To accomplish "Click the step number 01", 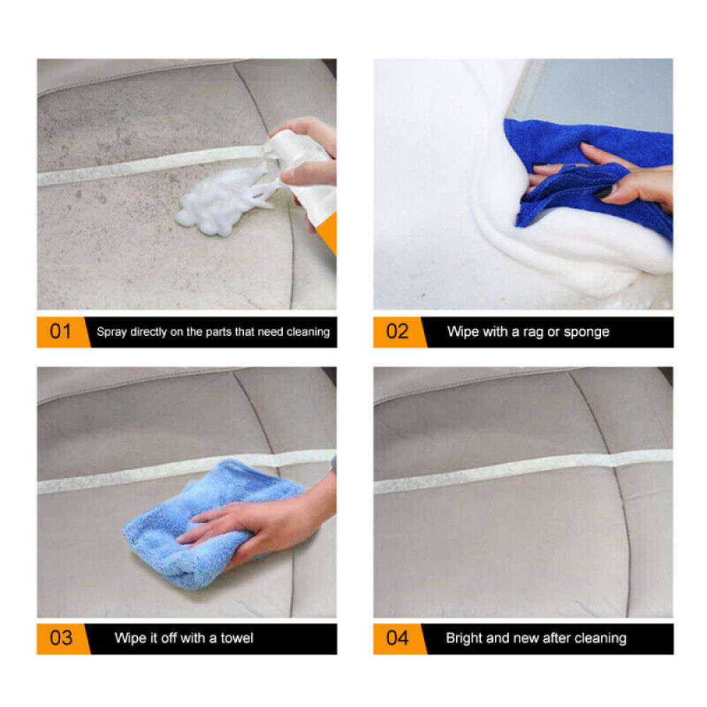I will pyautogui.click(x=60, y=332).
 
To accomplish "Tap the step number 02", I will pyautogui.click(x=397, y=332).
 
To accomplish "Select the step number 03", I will pyautogui.click(x=60, y=638).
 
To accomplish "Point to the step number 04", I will pyautogui.click(x=397, y=638).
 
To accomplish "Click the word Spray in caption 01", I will pyautogui.click(x=112, y=332).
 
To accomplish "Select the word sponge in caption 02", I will pyautogui.click(x=586, y=332).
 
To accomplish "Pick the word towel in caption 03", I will pyautogui.click(x=236, y=638).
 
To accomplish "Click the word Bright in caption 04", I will pyautogui.click(x=464, y=638).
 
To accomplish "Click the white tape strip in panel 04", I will pyautogui.click(x=523, y=469).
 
